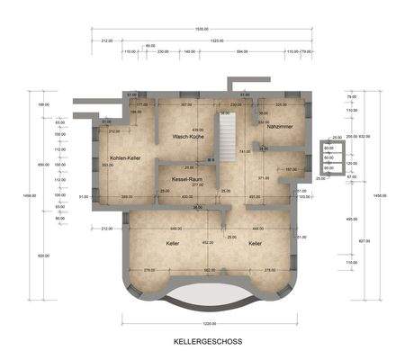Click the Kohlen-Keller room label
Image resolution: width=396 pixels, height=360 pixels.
125,157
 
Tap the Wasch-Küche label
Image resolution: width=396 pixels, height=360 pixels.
184,137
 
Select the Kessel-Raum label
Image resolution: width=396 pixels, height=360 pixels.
185,180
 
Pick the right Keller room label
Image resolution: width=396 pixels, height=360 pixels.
256,243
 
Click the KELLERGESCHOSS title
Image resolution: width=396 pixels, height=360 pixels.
199,342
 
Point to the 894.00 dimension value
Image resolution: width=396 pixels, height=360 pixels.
241,52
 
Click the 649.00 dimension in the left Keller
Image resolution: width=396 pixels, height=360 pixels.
176,228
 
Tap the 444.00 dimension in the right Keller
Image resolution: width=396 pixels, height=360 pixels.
257,228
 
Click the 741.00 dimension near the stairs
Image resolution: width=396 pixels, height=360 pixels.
245,151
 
